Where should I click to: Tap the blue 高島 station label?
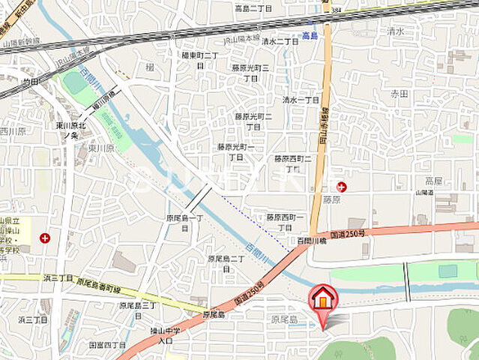(x=311, y=36)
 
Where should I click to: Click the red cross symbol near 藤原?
(x=342, y=187)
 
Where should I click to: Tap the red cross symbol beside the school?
(x=45, y=238)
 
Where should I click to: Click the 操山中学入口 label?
(x=161, y=335)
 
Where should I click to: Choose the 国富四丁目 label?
(x=107, y=344)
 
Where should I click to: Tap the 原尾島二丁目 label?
(x=226, y=262)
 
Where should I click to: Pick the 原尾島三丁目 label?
(x=137, y=310)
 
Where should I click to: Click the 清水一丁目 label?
(x=301, y=100)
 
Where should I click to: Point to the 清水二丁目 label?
(x=280, y=42)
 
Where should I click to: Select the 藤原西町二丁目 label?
(x=292, y=163)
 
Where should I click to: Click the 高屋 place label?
(x=434, y=181)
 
